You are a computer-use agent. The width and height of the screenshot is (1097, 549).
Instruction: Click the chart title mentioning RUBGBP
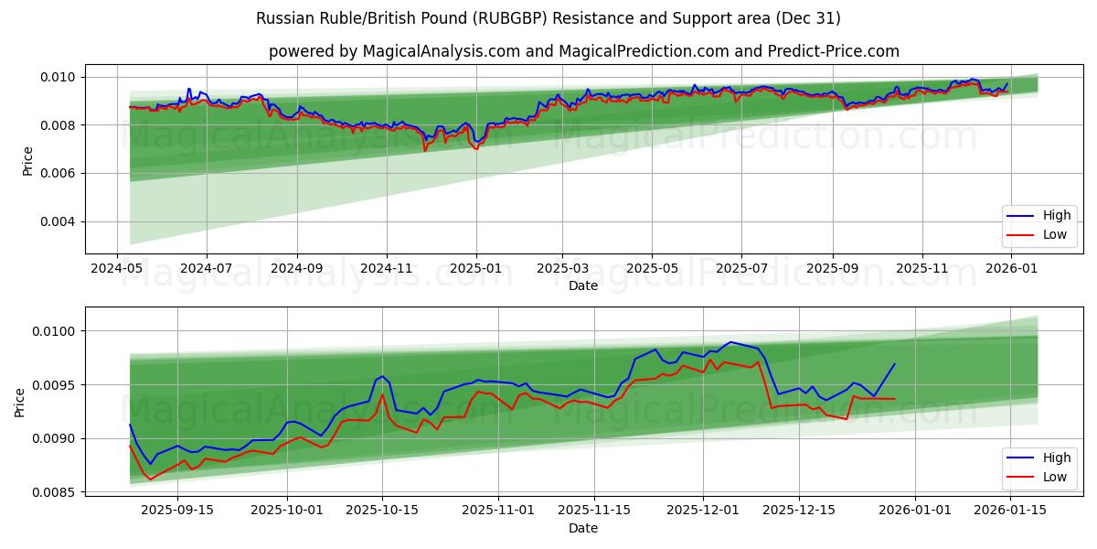548,18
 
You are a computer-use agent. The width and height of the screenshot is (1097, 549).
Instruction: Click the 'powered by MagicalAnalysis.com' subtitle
583,51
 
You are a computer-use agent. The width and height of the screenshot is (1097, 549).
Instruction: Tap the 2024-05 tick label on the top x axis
116,268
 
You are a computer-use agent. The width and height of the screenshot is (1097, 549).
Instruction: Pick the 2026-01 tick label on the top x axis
1011,268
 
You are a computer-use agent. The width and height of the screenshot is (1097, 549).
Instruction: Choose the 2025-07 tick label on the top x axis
740,268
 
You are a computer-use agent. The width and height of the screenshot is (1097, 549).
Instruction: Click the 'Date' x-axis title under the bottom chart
583,528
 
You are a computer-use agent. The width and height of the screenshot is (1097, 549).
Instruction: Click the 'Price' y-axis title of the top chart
27,161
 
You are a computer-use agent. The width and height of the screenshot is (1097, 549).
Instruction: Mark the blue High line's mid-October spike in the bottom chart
382,375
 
